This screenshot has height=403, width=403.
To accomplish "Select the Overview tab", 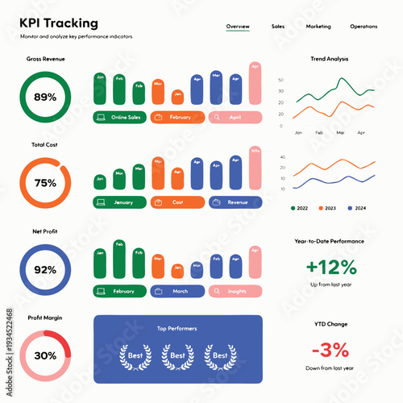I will pos(238,27).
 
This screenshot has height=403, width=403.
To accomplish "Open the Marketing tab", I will pos(318,27).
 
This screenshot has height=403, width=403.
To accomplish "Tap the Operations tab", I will pos(364,27).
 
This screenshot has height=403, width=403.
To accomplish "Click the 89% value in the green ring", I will pos(45,98).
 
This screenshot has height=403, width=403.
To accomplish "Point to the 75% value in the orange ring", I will pos(45,183).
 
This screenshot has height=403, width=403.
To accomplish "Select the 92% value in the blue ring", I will pos(45,269).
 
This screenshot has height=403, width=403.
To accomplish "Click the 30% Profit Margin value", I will pos(45,355).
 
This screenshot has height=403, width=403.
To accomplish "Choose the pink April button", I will pos(235,117).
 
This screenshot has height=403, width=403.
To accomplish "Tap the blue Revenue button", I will pos(235,202).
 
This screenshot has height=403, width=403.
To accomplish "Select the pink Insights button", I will pos(235,291).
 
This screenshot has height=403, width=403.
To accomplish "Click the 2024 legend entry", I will pos(355,208).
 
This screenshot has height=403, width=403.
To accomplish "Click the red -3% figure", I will pos(330,350).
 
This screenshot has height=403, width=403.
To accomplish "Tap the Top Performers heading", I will pos(177,329).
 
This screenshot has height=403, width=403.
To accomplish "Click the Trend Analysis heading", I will pos(330,60).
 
